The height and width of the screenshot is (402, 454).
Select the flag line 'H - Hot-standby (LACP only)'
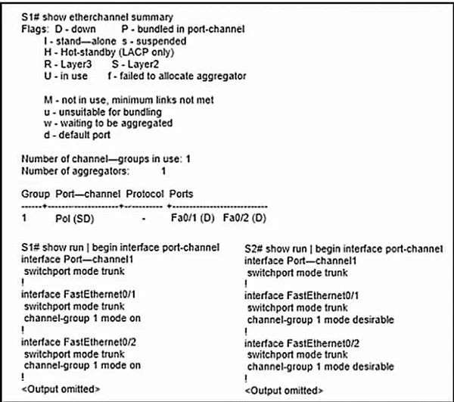coord(109,52)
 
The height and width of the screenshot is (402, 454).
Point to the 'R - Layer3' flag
coord(68,64)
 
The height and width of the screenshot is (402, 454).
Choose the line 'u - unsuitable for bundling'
coord(103,112)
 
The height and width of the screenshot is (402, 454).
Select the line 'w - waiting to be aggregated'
coord(108,123)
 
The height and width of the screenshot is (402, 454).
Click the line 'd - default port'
coord(77,135)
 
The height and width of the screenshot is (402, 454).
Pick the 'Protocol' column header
coord(145,194)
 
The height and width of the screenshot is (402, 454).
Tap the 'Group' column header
coord(36,194)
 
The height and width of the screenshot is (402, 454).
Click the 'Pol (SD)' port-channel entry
coord(75,218)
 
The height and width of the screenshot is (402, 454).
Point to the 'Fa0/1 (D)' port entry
coord(192,218)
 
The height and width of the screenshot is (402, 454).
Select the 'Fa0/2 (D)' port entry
coord(244,218)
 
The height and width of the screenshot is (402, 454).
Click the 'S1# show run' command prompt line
coord(120,248)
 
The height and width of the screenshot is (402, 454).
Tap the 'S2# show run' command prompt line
coord(344,249)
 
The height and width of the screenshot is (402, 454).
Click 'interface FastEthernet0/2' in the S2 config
coord(302,344)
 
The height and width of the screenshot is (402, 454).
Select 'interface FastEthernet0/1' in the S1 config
coord(79,294)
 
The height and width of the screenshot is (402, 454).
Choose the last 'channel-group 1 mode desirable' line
coord(321,366)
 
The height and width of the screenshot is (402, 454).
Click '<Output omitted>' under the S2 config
coord(284,391)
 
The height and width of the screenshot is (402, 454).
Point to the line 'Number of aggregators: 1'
coord(94,171)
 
